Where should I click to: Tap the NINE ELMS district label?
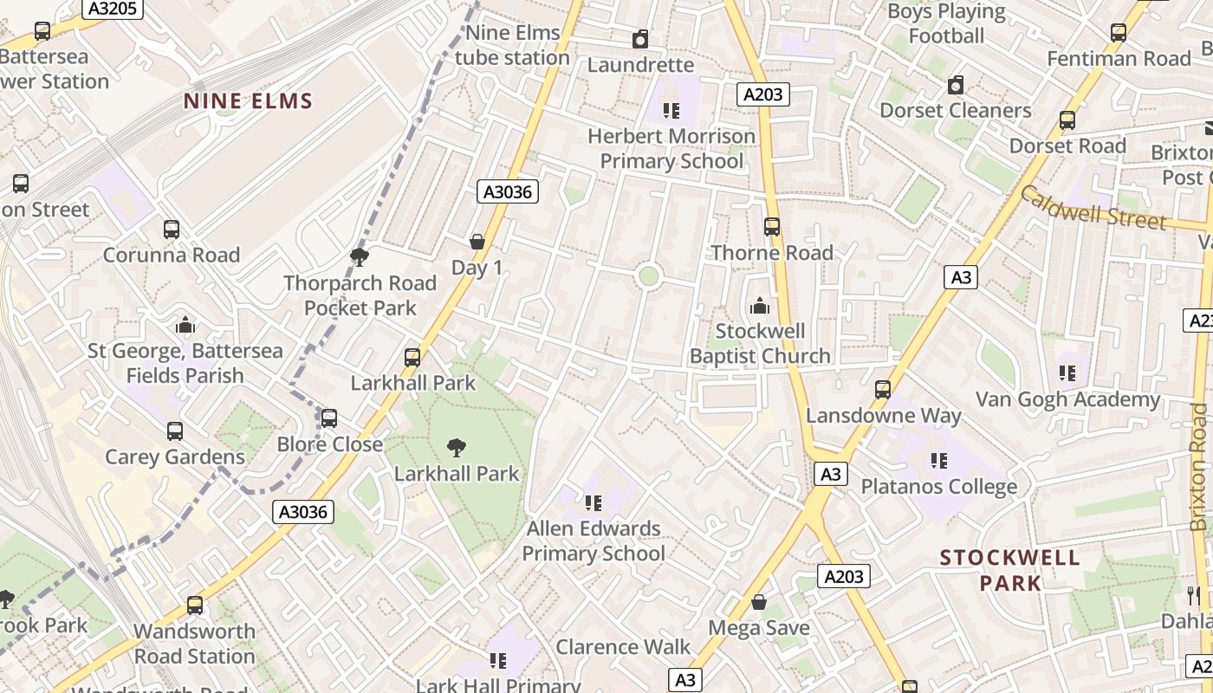tap(248, 101)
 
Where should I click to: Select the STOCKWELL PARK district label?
tap(1010, 570)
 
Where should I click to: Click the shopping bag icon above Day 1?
tap(477, 242)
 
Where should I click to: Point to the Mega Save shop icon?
tap(759, 602)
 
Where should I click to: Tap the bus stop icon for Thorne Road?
tap(771, 227)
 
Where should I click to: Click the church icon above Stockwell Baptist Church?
tap(759, 306)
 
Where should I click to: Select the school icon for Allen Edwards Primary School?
tap(594, 503)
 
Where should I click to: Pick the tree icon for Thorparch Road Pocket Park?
tap(359, 257)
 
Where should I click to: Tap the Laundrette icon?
tap(640, 39)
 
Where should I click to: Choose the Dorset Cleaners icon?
tap(956, 85)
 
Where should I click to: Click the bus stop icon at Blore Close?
tap(329, 418)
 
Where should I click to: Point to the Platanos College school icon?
tap(938, 461)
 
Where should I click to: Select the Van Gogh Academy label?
tap(1067, 399)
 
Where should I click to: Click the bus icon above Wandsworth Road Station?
tap(195, 606)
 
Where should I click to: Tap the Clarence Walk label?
tap(623, 647)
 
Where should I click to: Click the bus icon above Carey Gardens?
tap(175, 431)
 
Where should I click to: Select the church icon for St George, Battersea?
tap(185, 325)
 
